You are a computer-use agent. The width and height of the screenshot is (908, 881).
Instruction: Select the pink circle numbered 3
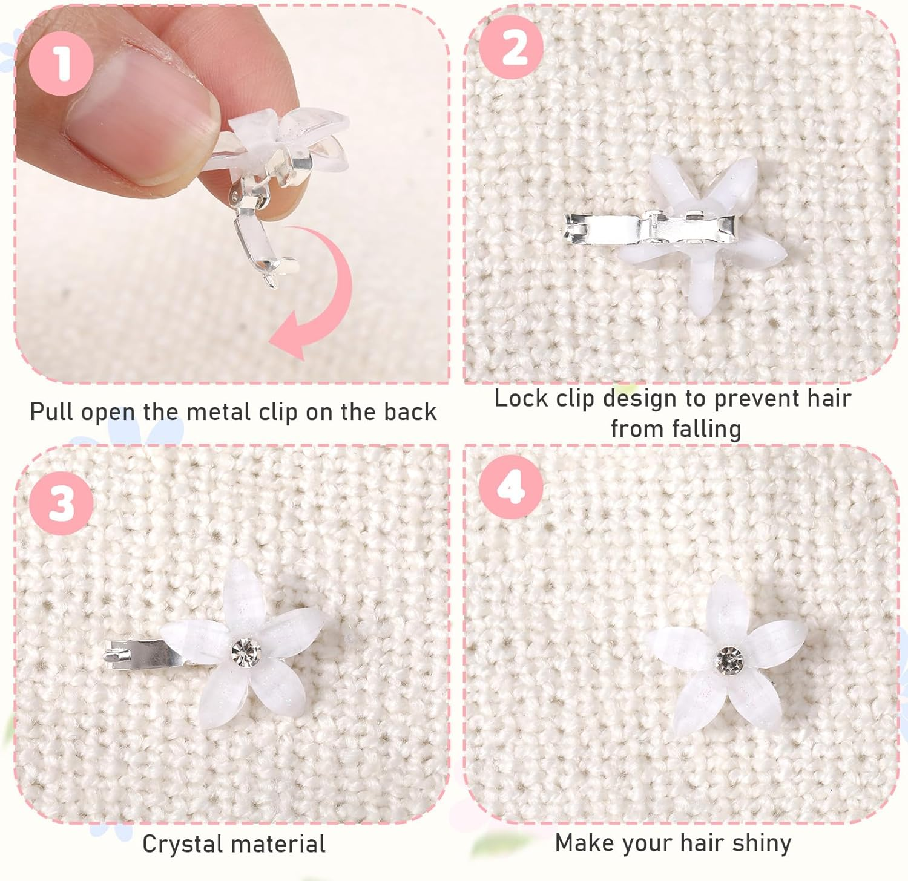coord(62,502)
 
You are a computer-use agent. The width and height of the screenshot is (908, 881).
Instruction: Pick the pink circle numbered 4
coord(510,488)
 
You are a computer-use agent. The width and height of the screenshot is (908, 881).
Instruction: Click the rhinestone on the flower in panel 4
coord(729,658)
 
